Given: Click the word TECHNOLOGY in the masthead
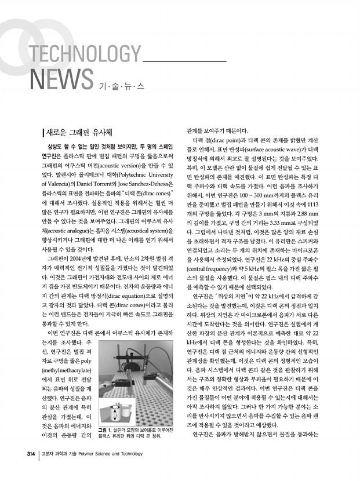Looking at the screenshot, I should (84, 57).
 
